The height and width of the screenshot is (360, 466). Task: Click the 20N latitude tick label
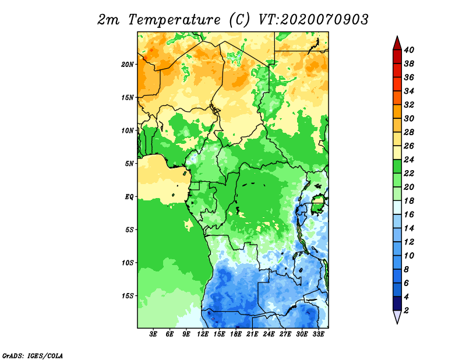pyautogui.click(x=128, y=64)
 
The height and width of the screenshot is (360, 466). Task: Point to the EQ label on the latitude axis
pyautogui.click(x=129, y=196)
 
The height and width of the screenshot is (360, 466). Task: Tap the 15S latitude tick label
pyautogui.click(x=128, y=295)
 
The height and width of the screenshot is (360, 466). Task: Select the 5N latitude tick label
pyautogui.click(x=129, y=163)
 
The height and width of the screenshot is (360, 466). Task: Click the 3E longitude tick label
pyautogui.click(x=154, y=334)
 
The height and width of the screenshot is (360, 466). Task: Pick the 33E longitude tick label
pyautogui.click(x=319, y=334)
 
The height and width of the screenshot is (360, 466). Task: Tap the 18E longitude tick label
pyautogui.click(x=236, y=334)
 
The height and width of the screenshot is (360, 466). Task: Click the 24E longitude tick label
pyautogui.click(x=269, y=334)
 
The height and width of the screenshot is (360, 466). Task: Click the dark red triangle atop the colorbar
pyautogui.click(x=397, y=43)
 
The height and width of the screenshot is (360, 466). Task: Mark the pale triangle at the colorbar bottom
pyautogui.click(x=397, y=317)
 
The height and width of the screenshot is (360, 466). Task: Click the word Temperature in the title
pyautogui.click(x=174, y=20)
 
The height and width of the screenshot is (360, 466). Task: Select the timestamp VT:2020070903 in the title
pyautogui.click(x=313, y=19)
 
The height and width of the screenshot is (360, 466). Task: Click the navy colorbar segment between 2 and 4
pyautogui.click(x=397, y=303)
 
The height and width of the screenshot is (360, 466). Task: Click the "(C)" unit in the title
pyautogui.click(x=240, y=20)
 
